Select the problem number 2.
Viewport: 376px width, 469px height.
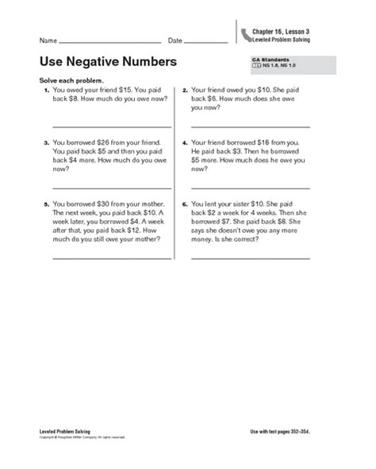[185, 91]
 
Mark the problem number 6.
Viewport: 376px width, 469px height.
[185, 204]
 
